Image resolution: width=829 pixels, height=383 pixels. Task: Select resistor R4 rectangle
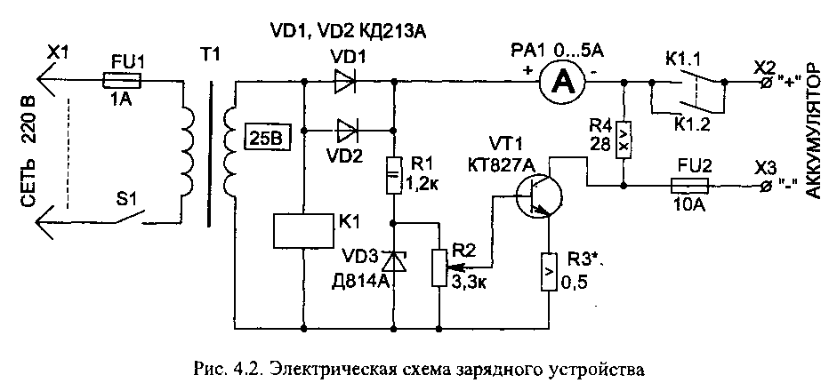pyautogui.click(x=624, y=141)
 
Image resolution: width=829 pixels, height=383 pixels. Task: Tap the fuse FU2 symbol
pyautogui.click(x=688, y=187)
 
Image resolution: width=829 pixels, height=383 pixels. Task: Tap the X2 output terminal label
pyautogui.click(x=764, y=66)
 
